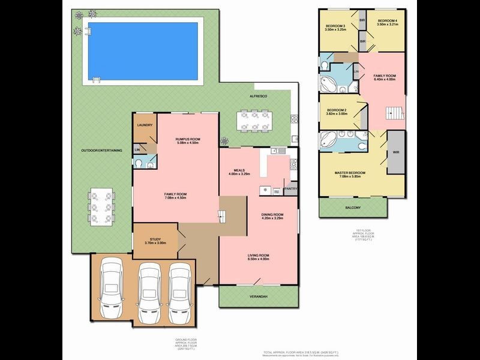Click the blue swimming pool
pyautogui.click(x=142, y=47)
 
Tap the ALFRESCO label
pyautogui.click(x=259, y=96)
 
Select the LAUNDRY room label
pyautogui.click(x=145, y=125)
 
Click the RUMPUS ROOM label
pyautogui.click(x=188, y=139)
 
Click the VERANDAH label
pyautogui.click(x=259, y=295)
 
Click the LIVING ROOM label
pyautogui.click(x=259, y=256)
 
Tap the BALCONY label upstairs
pyautogui.click(x=353, y=208)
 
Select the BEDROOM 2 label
pyautogui.click(x=337, y=110)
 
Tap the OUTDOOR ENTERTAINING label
pyautogui.click(x=101, y=150)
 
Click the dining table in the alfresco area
pyautogui.click(x=255, y=120)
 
